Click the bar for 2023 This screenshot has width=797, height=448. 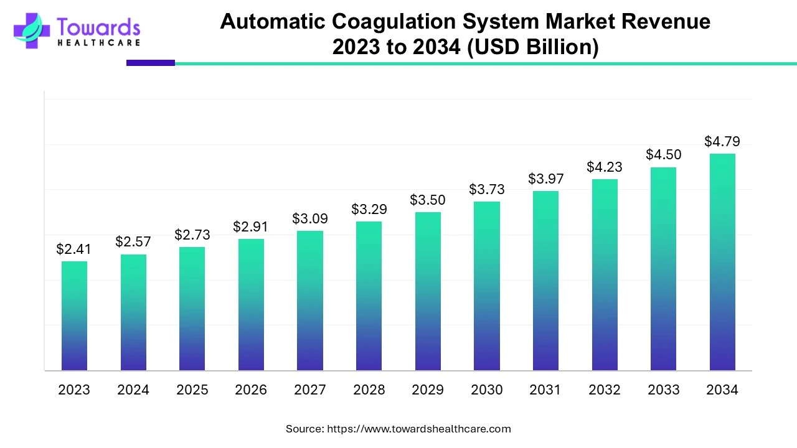pos(74,315)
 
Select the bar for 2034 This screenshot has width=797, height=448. pos(722,262)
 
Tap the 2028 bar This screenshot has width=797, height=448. pos(369,296)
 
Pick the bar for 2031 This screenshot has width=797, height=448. pos(545,281)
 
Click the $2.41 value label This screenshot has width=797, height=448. pos(73,250)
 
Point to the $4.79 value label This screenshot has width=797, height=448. pos(722,142)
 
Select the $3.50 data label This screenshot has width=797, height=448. pos(427,200)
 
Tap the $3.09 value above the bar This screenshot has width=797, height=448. pos(309,219)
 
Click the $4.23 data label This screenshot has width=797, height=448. pos(604,167)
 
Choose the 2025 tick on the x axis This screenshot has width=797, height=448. pos(192,390)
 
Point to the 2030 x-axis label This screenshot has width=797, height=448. pos(486,390)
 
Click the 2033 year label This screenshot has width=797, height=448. pos(663,390)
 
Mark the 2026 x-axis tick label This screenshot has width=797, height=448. pos(250,390)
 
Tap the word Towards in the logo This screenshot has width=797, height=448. pos(98,27)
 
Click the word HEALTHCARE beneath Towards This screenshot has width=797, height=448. pos(98,43)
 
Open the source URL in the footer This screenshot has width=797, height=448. pos(418,429)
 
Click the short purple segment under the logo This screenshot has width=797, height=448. pos(151,63)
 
